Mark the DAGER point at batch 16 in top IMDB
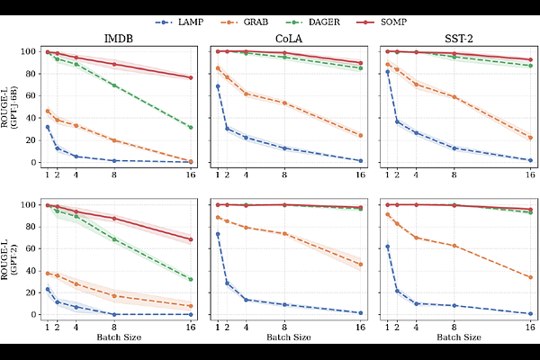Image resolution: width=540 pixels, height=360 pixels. [191, 127]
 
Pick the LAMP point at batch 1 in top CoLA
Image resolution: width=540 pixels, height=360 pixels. [217, 86]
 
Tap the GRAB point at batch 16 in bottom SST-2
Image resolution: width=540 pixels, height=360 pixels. [531, 277]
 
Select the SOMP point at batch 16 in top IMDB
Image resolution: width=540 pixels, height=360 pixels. [191, 77]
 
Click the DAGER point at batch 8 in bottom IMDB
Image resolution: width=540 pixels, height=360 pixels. [114, 239]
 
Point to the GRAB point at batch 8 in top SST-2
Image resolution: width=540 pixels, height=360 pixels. [454, 97]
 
